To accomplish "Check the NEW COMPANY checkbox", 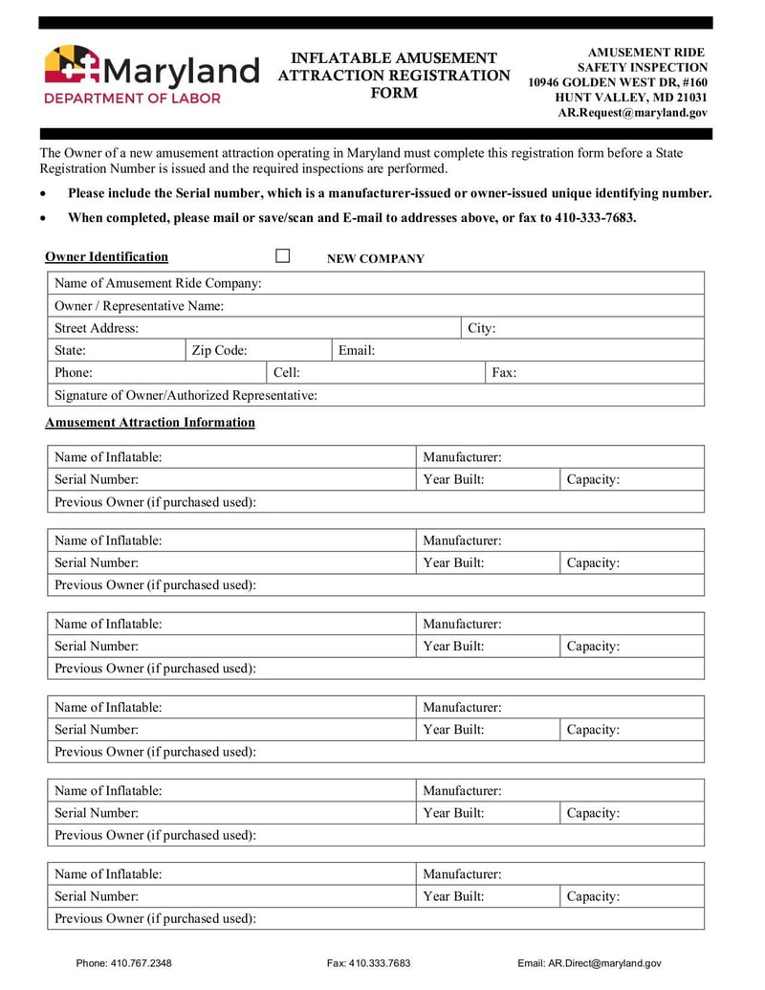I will (283, 256).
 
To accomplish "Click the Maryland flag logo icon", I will (73, 67).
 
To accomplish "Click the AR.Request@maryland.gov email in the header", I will (632, 112).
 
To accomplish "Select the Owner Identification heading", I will (106, 256).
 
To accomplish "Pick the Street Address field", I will (296, 328).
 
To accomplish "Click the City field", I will (598, 328).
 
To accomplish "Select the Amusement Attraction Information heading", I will (150, 422).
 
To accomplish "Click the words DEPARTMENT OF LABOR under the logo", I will (132, 98).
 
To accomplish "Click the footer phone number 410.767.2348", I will (142, 963).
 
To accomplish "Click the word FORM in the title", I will (394, 93).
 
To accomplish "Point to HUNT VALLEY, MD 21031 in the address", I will (631, 97).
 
